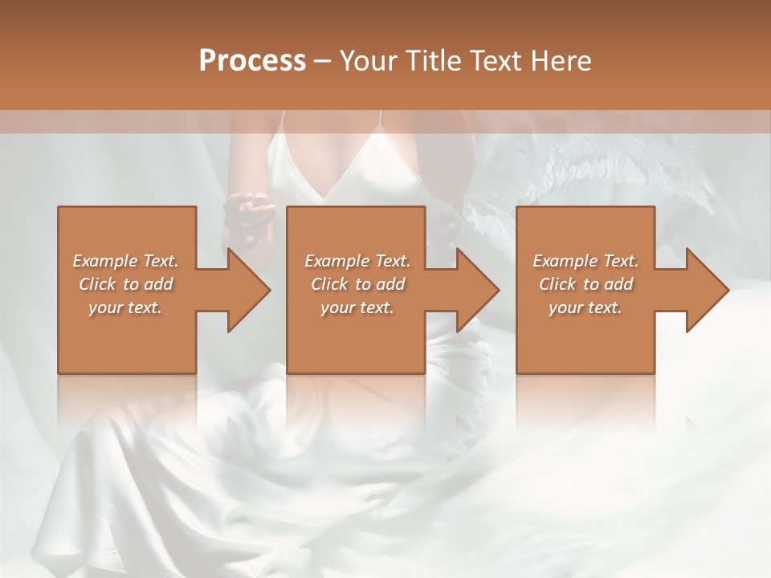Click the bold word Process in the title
252,61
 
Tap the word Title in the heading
434,61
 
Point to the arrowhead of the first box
250,290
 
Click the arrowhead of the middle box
479,290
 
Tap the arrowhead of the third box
708,290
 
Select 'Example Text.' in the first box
126,261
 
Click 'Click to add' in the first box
126,284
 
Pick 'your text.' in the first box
126,307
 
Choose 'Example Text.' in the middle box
357,261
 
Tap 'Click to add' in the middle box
357,284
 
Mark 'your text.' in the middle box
357,307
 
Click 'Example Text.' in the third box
585,261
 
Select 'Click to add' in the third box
585,284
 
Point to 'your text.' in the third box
585,307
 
